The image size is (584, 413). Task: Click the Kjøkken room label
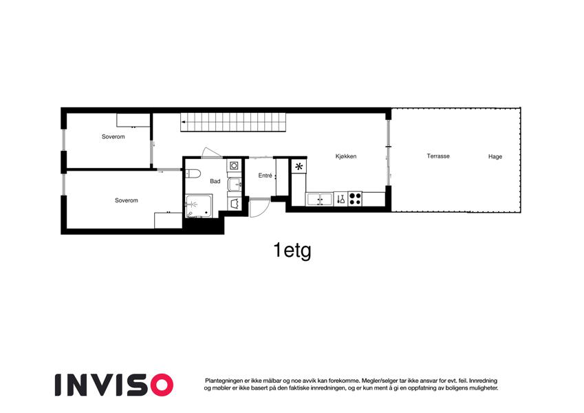click(345, 156)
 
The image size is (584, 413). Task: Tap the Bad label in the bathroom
click(215, 181)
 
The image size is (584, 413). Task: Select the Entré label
click(266, 176)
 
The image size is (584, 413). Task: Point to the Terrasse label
click(438, 156)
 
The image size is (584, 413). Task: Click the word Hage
click(495, 156)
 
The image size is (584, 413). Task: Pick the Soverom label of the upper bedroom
click(113, 137)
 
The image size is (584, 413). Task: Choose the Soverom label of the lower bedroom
click(127, 200)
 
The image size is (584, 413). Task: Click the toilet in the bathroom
click(193, 173)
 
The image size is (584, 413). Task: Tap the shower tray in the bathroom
click(199, 206)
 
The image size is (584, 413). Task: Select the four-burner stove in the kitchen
click(355, 199)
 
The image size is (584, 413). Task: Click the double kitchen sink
click(319, 199)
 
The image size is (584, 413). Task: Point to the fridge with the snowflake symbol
click(299, 167)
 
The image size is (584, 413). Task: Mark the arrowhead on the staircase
click(183, 122)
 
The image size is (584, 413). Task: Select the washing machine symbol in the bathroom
click(234, 165)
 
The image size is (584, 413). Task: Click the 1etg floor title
click(292, 251)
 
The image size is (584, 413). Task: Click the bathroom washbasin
click(235, 184)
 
